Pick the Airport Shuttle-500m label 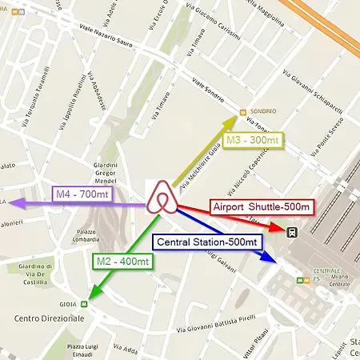(262, 206)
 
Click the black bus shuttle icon (294, 233)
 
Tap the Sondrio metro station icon (243, 111)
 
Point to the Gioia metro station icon (94, 304)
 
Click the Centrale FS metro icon (298, 281)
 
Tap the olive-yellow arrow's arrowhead (234, 118)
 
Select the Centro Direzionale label (49, 318)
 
